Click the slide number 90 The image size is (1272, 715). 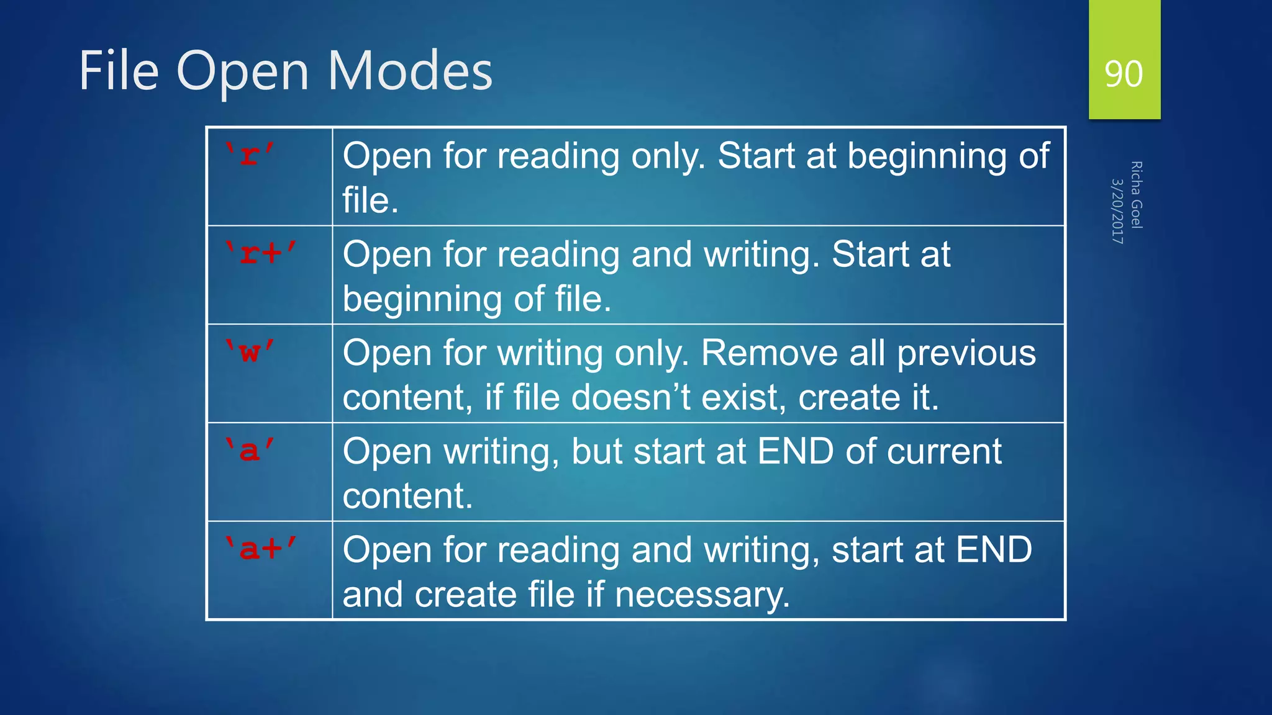point(1124,74)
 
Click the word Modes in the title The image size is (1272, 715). point(409,71)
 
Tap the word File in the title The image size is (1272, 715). point(119,71)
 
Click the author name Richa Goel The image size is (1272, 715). point(1137,195)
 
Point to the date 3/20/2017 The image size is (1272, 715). point(1117,211)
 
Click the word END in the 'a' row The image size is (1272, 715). point(795,451)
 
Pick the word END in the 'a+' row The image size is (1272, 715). point(994,550)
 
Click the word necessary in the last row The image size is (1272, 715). point(702,595)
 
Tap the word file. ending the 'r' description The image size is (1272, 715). point(370,200)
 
